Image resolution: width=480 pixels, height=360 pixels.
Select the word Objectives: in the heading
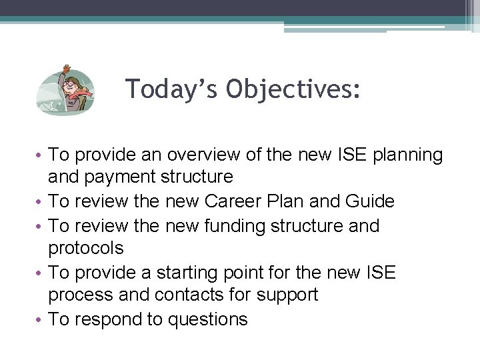293,89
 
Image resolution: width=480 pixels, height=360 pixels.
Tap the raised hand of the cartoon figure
65,69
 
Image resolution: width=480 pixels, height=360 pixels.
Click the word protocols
86,249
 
